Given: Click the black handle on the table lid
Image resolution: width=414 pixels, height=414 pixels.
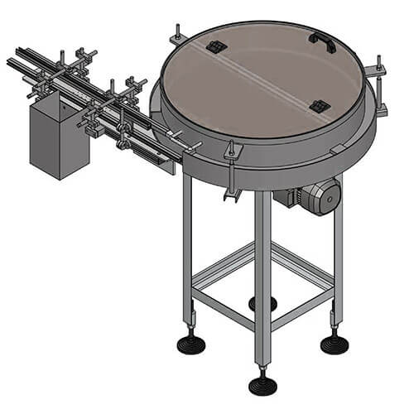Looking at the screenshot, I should click(323, 42).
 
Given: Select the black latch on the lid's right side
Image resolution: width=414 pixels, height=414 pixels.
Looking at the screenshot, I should click(319, 106).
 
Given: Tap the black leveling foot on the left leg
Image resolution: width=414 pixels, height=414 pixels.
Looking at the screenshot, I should click(190, 342).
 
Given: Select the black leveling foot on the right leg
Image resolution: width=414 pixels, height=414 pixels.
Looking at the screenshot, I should click(335, 343).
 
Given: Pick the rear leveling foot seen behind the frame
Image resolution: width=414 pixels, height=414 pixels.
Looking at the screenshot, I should click(262, 303).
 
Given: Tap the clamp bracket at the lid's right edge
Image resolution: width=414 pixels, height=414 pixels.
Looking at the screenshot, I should click(379, 70).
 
